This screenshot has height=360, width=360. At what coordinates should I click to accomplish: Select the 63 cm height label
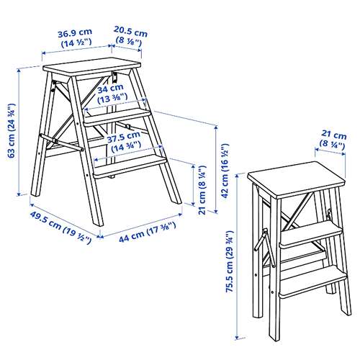tap(12, 130)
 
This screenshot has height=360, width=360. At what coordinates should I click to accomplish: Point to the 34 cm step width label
tap(112, 94)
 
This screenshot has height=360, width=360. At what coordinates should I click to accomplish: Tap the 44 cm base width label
tap(148, 233)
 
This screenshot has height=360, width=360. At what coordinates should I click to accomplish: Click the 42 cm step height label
tap(225, 171)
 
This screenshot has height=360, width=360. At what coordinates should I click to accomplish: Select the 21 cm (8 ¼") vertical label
tap(202, 190)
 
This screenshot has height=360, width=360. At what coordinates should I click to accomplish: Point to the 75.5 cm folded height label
tap(230, 261)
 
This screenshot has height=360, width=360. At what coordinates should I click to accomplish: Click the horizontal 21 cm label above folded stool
tap(333, 140)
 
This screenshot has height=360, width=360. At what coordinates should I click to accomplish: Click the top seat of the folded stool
tap(297, 179)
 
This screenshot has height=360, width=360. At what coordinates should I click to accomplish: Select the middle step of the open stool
tap(117, 117)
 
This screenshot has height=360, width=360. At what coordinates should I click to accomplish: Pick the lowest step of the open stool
tap(130, 166)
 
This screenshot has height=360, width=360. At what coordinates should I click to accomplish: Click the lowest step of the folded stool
tap(313, 282)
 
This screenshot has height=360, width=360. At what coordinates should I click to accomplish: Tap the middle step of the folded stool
tap(310, 235)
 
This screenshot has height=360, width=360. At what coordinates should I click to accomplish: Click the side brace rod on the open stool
tap(62, 143)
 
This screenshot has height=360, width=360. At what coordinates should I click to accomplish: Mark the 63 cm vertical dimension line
tap(19, 132)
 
